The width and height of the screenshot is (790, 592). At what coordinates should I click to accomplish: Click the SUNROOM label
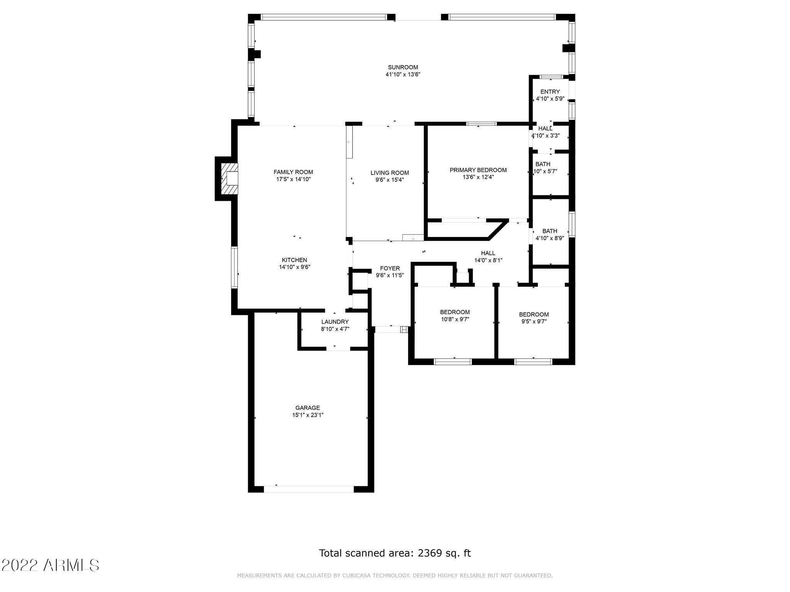pyautogui.click(x=403, y=67)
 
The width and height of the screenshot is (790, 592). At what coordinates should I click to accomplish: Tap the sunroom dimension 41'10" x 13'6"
pyautogui.click(x=403, y=74)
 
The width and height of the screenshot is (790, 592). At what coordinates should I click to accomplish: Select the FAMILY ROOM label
pyautogui.click(x=293, y=172)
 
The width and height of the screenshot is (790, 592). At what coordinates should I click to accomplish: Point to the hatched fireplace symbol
pyautogui.click(x=229, y=179)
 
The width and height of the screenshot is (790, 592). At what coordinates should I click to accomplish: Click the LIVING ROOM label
pyautogui.click(x=390, y=173)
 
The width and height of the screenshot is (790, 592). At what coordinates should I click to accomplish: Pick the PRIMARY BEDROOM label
pyautogui.click(x=478, y=170)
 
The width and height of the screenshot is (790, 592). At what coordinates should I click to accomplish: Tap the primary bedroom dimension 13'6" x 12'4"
pyautogui.click(x=478, y=177)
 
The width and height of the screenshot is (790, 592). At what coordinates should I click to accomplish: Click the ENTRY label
pyautogui.click(x=550, y=92)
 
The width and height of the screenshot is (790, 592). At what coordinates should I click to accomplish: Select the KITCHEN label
pyautogui.click(x=294, y=260)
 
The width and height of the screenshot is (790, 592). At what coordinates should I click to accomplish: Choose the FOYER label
pyautogui.click(x=390, y=268)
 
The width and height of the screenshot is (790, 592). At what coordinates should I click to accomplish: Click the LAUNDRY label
pyautogui.click(x=335, y=322)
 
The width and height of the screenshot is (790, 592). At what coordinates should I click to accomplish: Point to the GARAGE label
pyautogui.click(x=308, y=408)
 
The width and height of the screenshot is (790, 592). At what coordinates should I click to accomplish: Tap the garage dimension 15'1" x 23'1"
pyautogui.click(x=308, y=415)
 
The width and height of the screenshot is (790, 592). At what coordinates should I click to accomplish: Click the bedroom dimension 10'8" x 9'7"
pyautogui.click(x=455, y=319)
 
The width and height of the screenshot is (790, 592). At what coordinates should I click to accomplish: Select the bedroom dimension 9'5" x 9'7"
pyautogui.click(x=534, y=321)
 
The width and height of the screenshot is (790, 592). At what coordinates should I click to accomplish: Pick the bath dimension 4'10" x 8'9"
pyautogui.click(x=550, y=238)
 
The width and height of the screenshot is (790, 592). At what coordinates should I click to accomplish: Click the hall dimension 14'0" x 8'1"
pyautogui.click(x=488, y=260)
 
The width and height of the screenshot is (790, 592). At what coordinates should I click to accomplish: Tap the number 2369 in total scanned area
pyautogui.click(x=430, y=553)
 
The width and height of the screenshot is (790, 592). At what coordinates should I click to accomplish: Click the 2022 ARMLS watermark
pyautogui.click(x=50, y=565)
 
